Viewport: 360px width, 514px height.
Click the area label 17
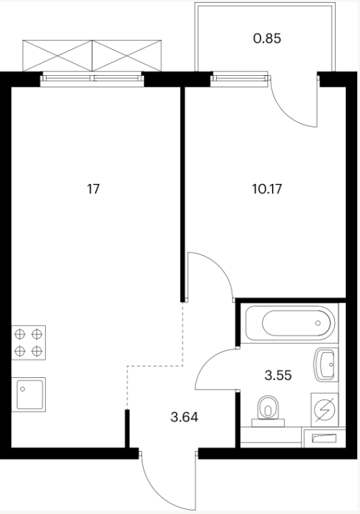click(93, 189)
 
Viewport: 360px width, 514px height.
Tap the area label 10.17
click(267, 189)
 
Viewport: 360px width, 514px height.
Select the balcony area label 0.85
click(267, 39)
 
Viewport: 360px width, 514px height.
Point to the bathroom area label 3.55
click(278, 375)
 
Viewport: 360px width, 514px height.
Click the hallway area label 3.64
click(184, 417)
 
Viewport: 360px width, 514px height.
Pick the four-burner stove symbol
click(29, 343)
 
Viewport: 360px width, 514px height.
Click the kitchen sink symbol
click(29, 394)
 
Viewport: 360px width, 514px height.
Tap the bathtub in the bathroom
click(290, 323)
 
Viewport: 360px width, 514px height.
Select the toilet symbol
click(268, 411)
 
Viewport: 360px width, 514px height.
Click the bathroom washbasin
click(325, 364)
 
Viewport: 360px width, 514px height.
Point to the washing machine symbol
click(325, 409)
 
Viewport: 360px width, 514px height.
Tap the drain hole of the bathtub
click(318, 323)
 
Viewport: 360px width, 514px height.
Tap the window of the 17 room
click(92, 78)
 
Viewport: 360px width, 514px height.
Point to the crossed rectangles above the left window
click(92, 55)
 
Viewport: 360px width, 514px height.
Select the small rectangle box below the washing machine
click(325, 438)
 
